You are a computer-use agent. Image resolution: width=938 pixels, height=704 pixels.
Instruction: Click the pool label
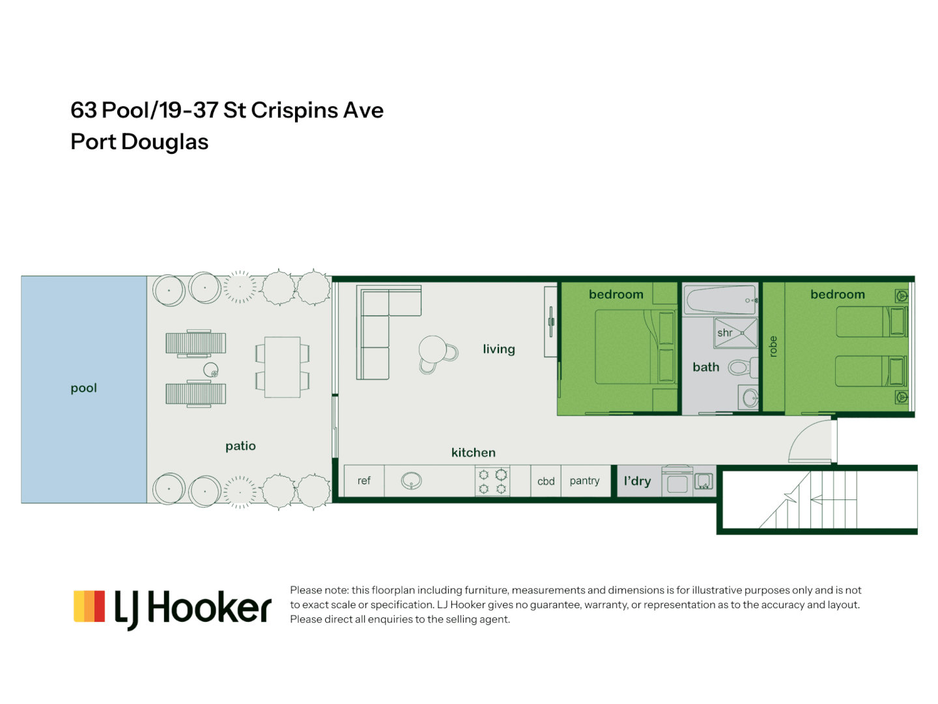83,388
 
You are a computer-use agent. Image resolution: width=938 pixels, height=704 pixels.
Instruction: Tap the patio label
240,446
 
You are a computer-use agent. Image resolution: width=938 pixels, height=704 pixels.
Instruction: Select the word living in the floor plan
498,349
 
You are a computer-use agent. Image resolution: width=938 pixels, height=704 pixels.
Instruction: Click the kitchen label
473,452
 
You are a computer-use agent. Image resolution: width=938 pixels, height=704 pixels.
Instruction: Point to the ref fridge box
364,481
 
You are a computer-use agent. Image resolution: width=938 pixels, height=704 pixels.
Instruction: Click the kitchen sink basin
411,481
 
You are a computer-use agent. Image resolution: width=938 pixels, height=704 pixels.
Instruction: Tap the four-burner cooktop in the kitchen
492,482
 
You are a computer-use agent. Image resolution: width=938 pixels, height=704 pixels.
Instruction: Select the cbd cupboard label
546,482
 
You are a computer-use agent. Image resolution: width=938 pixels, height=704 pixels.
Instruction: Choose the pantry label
584,481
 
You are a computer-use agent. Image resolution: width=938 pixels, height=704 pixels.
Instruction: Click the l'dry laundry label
637,481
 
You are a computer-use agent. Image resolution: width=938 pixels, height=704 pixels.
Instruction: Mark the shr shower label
724,333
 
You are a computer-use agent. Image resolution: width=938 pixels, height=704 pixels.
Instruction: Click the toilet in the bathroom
739,368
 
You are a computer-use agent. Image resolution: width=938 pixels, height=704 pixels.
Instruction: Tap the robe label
773,346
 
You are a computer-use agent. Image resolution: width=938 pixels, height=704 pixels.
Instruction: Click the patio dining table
282,367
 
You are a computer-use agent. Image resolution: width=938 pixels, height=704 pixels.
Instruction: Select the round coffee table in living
433,349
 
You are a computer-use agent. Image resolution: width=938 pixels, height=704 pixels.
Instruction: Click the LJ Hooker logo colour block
89,606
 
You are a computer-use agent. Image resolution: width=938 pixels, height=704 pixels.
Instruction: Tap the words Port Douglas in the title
139,142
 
